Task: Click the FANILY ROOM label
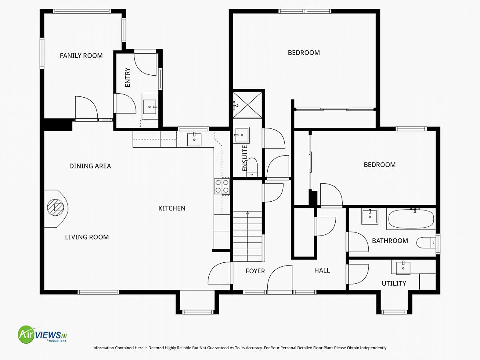tap(81, 56)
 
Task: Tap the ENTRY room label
tap(128, 77)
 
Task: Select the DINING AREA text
tap(90, 166)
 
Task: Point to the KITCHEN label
tap(172, 208)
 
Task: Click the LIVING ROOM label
tap(87, 237)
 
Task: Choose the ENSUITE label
tap(245, 158)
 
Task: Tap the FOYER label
tap(255, 271)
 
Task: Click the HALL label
tap(322, 271)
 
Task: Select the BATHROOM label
tap(390, 241)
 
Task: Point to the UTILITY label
tap(394, 284)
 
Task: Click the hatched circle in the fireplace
tap(56, 207)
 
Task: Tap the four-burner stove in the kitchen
tap(222, 186)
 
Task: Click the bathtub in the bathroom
tap(411, 219)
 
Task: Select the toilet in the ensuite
tap(252, 168)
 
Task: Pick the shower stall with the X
tap(248, 105)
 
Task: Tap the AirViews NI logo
tap(42, 335)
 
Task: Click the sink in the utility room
tap(403, 268)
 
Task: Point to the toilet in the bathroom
tap(426, 243)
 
